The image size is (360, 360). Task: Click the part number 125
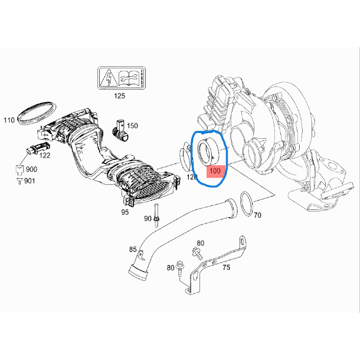[x=120, y=95]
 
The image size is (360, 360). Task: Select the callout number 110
[x=9, y=120]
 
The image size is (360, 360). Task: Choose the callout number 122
[x=45, y=156]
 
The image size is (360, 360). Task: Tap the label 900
[x=31, y=169]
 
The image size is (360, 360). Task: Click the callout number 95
[x=125, y=211]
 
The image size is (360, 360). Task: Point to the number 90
[x=148, y=218]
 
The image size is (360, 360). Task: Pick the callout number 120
[x=192, y=176]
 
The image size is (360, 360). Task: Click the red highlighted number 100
[x=215, y=172]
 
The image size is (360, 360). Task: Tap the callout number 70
[x=257, y=215]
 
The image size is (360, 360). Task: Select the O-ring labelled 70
[x=247, y=204]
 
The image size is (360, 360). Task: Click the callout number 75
[x=226, y=267]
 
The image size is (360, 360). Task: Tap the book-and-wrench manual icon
[x=130, y=78]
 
